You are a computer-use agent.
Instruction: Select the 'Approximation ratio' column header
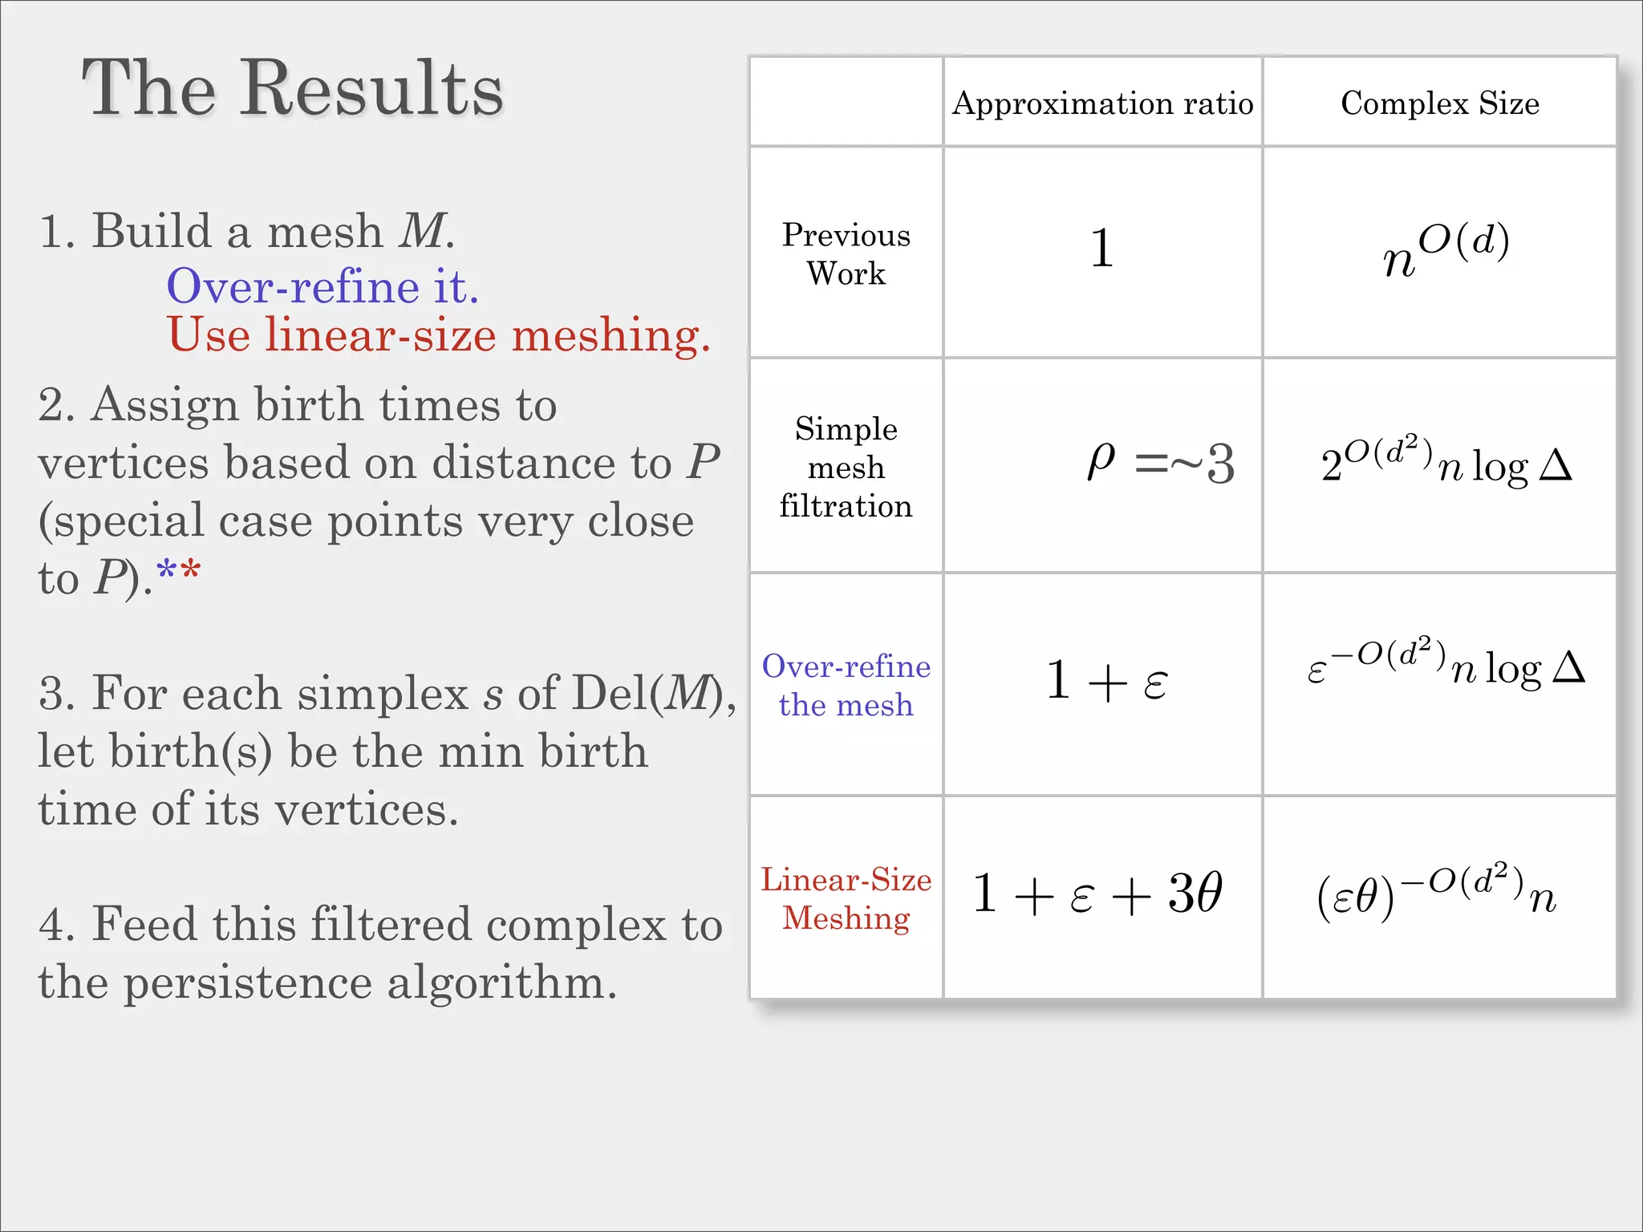tap(1102, 103)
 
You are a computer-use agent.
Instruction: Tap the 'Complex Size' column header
tap(1440, 103)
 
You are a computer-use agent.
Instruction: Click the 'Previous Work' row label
tap(846, 253)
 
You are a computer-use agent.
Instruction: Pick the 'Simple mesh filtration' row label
tap(846, 467)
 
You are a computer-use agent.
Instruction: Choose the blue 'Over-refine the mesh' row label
tap(846, 685)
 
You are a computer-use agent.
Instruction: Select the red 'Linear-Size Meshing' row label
tap(846, 898)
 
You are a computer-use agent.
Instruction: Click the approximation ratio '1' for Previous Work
tap(1102, 249)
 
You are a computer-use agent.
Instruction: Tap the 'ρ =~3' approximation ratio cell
tap(1160, 464)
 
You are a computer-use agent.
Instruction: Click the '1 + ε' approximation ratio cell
tap(1106, 681)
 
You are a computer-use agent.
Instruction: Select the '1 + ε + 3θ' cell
tap(1097, 894)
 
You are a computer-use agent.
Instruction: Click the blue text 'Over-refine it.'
tap(323, 286)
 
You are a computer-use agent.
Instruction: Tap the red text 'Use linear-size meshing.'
tap(439, 334)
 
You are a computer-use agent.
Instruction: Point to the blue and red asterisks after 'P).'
tap(179, 573)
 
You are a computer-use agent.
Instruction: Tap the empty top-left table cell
tap(846, 102)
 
